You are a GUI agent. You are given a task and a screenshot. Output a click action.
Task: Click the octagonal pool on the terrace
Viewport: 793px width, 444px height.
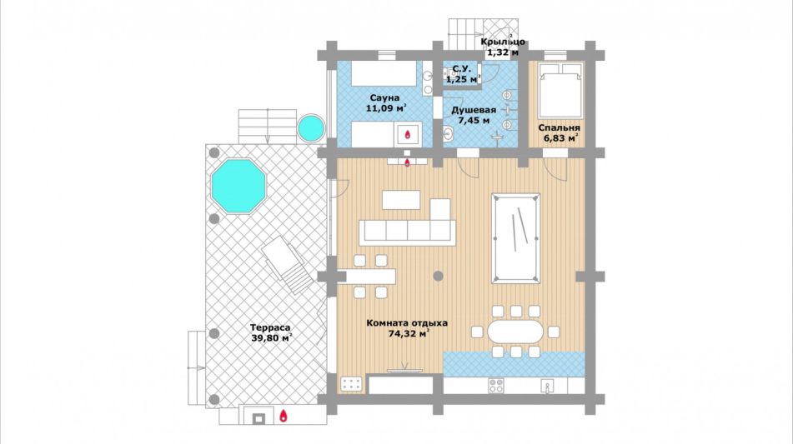pyautogui.click(x=238, y=186)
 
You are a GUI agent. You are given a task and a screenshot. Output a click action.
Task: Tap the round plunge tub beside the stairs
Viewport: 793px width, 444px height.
pyautogui.click(x=310, y=128)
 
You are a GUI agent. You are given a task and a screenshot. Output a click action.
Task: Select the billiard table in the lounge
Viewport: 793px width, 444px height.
pyautogui.click(x=515, y=238)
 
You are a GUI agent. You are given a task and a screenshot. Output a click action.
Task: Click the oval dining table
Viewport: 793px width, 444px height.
pyautogui.click(x=515, y=332)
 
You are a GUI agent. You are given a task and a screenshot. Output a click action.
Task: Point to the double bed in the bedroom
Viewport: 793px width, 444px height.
pyautogui.click(x=560, y=91)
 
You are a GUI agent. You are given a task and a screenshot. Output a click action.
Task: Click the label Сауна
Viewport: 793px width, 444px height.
pyautogui.click(x=384, y=97)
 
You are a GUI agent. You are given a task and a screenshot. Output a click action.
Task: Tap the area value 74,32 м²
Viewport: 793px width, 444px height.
pyautogui.click(x=409, y=333)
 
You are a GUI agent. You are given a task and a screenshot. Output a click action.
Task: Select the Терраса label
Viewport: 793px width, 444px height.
pyautogui.click(x=270, y=327)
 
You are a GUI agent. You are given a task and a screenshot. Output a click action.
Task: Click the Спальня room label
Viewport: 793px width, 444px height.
pyautogui.click(x=559, y=127)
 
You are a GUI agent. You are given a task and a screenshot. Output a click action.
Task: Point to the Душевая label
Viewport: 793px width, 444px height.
pyautogui.click(x=474, y=110)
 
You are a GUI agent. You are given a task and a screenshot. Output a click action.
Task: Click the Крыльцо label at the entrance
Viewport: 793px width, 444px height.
pyautogui.click(x=503, y=42)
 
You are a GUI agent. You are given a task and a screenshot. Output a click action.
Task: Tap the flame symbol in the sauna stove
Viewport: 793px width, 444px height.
pyautogui.click(x=408, y=134)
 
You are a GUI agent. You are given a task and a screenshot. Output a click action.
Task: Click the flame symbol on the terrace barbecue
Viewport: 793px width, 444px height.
pyautogui.click(x=284, y=417)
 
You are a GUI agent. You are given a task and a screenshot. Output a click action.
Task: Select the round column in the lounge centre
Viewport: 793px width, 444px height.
pyautogui.click(x=439, y=276)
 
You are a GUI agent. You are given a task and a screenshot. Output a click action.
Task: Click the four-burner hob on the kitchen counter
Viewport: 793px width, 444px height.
pyautogui.click(x=495, y=386)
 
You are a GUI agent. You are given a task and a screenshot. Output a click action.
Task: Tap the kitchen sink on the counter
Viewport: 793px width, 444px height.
pyautogui.click(x=547, y=386)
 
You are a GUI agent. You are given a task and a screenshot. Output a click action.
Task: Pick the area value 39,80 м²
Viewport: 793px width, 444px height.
pyautogui.click(x=271, y=338)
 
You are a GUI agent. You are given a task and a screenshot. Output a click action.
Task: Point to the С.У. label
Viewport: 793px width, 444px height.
pyautogui.click(x=462, y=68)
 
